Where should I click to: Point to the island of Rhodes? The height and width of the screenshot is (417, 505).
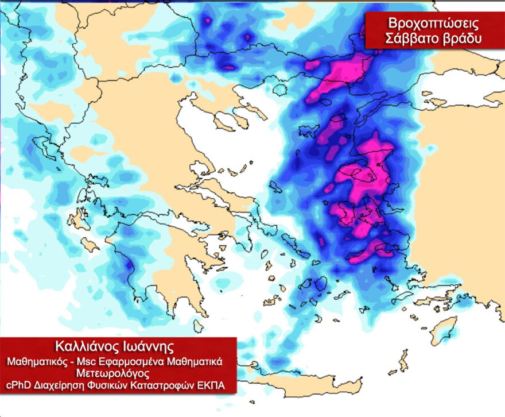444,331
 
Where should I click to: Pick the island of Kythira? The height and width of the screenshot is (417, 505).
198,326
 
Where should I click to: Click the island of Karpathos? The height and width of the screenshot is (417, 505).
403,361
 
